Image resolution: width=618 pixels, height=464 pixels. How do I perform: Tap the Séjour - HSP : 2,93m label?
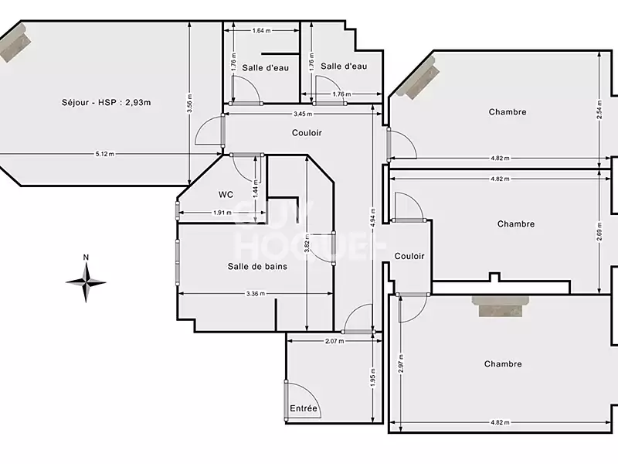[106, 103]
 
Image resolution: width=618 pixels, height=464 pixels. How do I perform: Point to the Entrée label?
[304, 408]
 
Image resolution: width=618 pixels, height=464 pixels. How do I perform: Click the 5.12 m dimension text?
[105, 154]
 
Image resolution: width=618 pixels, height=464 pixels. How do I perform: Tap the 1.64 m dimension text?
[262, 31]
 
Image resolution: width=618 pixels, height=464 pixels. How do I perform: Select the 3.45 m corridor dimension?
[303, 114]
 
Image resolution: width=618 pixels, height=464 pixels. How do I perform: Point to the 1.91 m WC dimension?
[222, 213]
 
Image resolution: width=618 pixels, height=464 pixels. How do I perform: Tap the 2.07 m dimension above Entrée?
[334, 341]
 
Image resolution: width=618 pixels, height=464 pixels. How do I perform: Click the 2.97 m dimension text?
[400, 361]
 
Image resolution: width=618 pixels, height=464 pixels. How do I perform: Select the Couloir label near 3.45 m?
[307, 133]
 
